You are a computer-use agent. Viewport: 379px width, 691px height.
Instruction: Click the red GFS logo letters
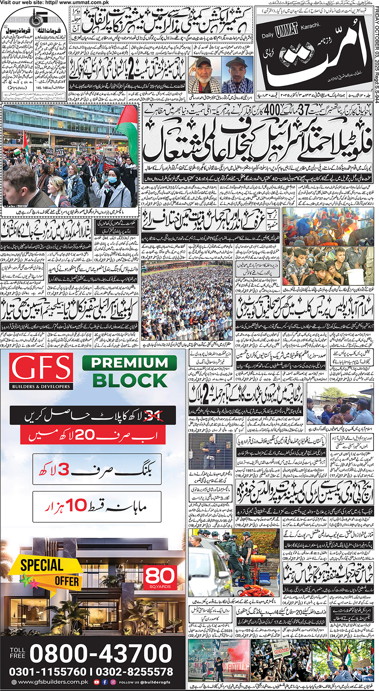point(41,368)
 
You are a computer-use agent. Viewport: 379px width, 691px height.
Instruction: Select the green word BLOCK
point(130,380)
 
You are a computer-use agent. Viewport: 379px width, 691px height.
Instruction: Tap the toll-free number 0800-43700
point(101,653)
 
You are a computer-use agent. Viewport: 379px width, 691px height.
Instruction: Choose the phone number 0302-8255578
point(135,672)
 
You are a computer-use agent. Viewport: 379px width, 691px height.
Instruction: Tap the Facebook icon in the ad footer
point(105,682)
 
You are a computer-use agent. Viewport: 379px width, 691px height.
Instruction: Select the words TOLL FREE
point(18,653)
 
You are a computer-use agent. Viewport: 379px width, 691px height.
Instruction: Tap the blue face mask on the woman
point(112,180)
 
